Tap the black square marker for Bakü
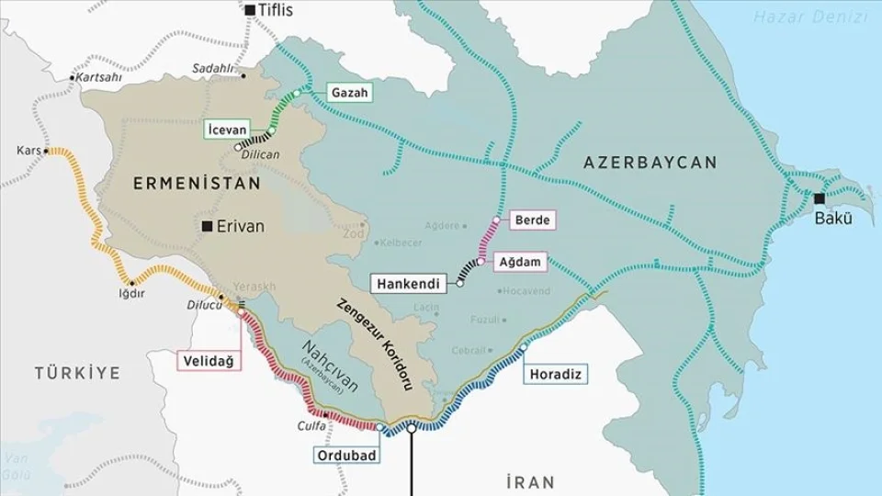click(819, 198)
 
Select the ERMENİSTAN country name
click(197, 184)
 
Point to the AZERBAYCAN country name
click(650, 163)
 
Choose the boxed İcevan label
click(226, 130)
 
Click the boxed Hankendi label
click(411, 283)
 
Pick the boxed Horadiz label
click(556, 374)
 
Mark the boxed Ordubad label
click(343, 456)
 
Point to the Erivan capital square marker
click(209, 226)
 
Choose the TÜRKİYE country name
click(78, 373)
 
